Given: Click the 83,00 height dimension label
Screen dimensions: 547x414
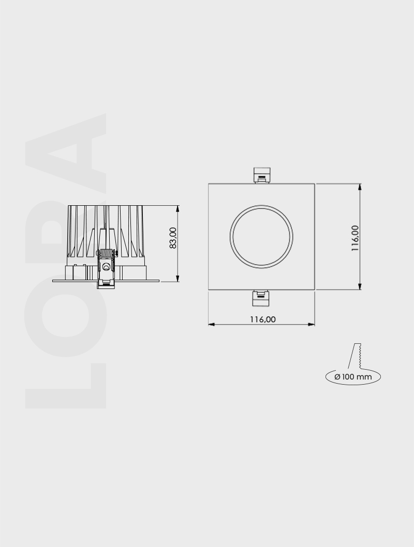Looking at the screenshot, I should point(173,238).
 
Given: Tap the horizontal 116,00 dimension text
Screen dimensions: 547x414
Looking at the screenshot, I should point(263,319).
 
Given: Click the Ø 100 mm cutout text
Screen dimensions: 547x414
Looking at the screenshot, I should point(353,377).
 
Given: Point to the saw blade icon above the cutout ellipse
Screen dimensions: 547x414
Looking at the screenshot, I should point(357,357).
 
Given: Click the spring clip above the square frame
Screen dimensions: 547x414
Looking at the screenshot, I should point(262,175).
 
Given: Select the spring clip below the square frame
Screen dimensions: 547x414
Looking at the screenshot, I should point(261,298).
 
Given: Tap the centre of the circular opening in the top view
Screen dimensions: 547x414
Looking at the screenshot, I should point(261,236).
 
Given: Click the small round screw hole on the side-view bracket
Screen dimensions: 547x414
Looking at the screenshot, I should point(106,267).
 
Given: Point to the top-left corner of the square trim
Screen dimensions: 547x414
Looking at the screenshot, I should point(209,184).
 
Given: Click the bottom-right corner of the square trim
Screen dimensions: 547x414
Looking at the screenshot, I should point(315,290).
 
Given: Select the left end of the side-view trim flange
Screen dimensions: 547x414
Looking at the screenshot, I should point(53,281).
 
